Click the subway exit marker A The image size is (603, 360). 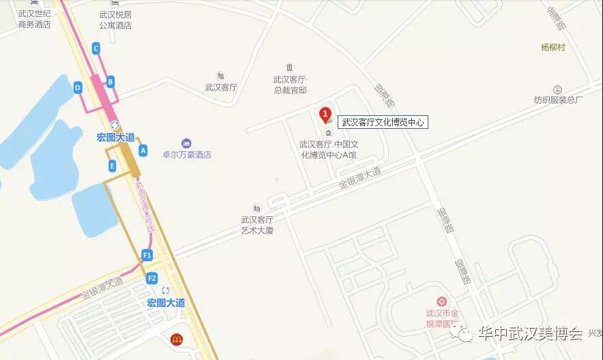tap(143, 149)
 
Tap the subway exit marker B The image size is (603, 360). tap(110, 82)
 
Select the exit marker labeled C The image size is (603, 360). tap(95, 48)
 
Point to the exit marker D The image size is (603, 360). tap(78, 87)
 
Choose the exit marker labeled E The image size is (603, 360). tap(111, 165)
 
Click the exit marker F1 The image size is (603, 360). tap(147, 255)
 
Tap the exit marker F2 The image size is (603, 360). tap(151, 277)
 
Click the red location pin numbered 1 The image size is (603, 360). tap(325, 115)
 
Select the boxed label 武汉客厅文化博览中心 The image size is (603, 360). tap(383, 123)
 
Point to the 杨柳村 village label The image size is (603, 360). tap(553, 47)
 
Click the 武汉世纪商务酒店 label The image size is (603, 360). tap(35, 20)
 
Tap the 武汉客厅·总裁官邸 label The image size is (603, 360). tap(290, 85)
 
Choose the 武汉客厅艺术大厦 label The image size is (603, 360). tap(256, 225)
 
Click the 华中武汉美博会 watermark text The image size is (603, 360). tap(529, 334)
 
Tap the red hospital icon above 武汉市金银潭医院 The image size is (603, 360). tap(441, 301)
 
